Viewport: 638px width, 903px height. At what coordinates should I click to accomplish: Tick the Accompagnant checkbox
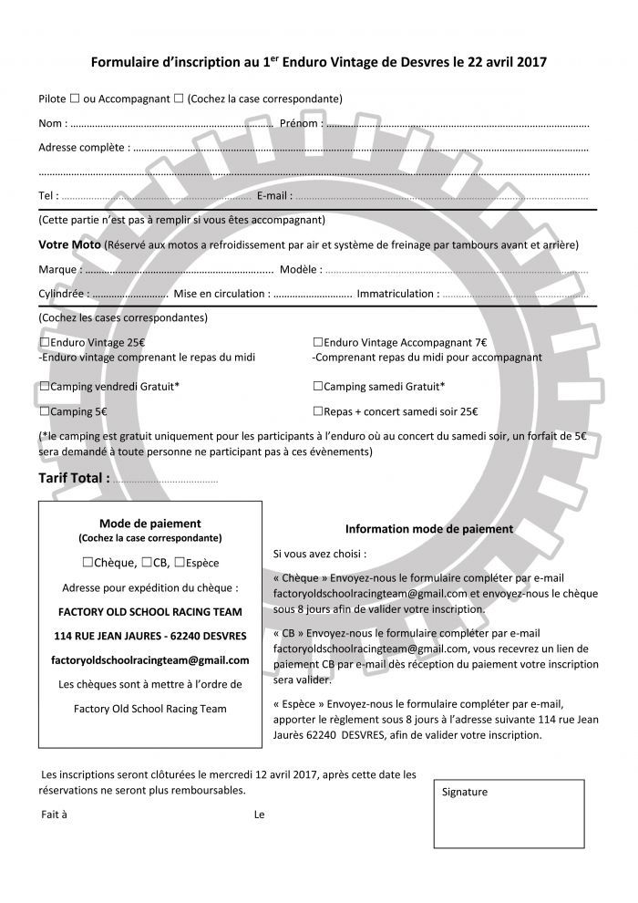[x=178, y=99]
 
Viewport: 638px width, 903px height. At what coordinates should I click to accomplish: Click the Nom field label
[x=51, y=123]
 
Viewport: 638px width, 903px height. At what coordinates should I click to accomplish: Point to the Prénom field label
[x=300, y=123]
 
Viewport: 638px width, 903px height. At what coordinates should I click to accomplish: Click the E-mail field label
[x=274, y=195]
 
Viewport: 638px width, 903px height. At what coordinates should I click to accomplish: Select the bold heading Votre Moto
[x=69, y=245]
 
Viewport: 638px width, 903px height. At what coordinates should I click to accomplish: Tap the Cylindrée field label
[x=62, y=294]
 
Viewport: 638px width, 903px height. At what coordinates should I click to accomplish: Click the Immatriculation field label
[x=396, y=294]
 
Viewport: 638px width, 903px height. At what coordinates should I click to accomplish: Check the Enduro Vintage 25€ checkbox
[x=44, y=342]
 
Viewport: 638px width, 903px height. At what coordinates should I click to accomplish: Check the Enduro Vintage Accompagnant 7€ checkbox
[x=318, y=342]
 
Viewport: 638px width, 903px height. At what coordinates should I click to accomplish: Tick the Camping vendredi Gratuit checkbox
[x=44, y=386]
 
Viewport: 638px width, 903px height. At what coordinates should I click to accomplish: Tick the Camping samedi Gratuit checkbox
[x=318, y=386]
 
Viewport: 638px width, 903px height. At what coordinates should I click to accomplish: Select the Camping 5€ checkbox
[x=44, y=411]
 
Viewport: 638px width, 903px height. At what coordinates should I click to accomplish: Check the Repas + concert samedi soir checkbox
[x=318, y=411]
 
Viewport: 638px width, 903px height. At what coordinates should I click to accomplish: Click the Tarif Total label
[x=74, y=477]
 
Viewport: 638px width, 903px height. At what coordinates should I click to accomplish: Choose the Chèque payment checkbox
[x=87, y=563]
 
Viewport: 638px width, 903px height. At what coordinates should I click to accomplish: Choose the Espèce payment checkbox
[x=180, y=563]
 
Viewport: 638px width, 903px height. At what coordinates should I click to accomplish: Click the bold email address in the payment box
[x=150, y=659]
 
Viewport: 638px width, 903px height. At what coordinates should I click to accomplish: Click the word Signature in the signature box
[x=464, y=792]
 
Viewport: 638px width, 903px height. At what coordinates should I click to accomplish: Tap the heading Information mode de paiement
[x=429, y=529]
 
